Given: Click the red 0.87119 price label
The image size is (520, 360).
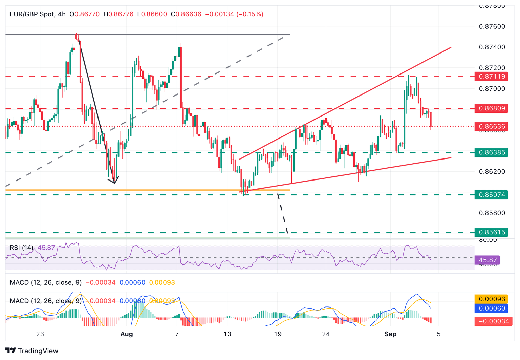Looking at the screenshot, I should coord(491,76).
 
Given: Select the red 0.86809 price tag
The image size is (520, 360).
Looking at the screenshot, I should coord(491,108).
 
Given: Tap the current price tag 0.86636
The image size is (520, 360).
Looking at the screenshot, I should coord(491,127).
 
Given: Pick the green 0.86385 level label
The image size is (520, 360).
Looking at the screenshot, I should coord(491,152).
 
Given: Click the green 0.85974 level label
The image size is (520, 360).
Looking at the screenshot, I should coord(491,195).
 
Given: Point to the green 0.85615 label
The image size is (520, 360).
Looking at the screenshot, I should coord(491,232).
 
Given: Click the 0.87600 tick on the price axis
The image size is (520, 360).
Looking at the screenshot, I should coord(492,26).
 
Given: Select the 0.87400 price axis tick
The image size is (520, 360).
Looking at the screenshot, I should coord(492,47).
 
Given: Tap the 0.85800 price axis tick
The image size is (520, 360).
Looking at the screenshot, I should coord(492,213).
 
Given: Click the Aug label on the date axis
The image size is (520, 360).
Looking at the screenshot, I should coord(127,334).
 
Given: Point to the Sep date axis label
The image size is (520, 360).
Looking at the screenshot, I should coord(390,334).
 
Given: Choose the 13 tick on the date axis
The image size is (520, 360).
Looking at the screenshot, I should coord(227,334).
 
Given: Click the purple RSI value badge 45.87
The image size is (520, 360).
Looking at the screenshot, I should coord(487,260).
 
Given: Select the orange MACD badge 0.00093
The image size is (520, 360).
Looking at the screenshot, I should coord(491,299).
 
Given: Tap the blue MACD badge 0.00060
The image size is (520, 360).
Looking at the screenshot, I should coord(491,308).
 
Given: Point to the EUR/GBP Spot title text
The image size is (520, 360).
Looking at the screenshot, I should coord(32,14).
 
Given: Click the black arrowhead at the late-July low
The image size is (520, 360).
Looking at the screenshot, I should coord(114,182).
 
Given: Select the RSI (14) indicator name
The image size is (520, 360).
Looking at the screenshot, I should coord(21,248).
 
